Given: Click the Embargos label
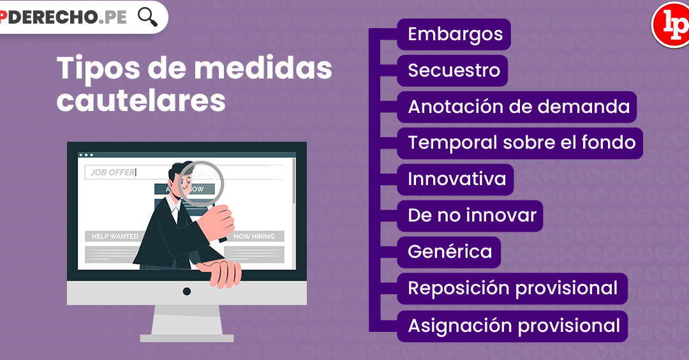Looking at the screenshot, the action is click(x=454, y=34).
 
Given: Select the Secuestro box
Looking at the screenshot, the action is click(x=452, y=70).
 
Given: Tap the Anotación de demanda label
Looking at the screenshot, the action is click(x=517, y=107).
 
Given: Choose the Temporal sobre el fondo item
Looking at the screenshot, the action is click(x=521, y=143).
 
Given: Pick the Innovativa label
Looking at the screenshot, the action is click(x=456, y=179).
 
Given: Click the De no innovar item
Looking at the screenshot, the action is click(x=470, y=216).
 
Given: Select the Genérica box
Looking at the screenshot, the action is click(x=449, y=252).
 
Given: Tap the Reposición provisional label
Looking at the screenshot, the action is click(x=512, y=289).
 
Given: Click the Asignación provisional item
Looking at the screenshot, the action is click(x=512, y=326).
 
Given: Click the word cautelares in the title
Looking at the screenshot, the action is click(x=141, y=101).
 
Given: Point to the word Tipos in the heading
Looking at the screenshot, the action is click(x=98, y=68).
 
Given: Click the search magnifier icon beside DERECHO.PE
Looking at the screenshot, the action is click(x=147, y=17).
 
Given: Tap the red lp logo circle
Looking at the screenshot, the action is click(x=670, y=25).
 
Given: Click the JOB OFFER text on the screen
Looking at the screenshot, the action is click(x=113, y=172).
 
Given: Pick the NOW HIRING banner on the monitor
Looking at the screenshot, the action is click(x=254, y=236).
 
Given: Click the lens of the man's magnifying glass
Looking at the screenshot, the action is click(x=201, y=184).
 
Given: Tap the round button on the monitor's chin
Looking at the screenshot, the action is click(x=187, y=292).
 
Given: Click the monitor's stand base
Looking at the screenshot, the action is click(x=187, y=338).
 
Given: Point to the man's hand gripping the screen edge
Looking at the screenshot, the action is click(x=219, y=273).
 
